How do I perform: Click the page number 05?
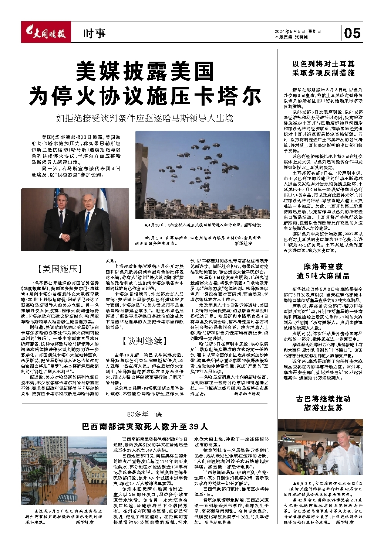click(352, 33)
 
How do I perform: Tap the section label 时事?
click(94, 34)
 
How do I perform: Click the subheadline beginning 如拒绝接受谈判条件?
click(145, 119)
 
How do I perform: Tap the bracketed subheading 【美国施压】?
click(60, 269)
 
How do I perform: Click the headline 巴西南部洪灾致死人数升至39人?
click(145, 427)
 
